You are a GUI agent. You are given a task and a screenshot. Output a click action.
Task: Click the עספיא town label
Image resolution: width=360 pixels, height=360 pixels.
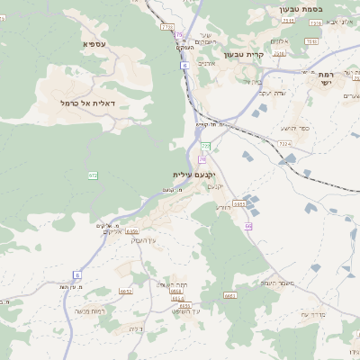(95, 44)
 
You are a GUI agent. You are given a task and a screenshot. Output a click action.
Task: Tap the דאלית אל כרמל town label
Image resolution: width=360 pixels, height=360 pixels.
(92, 103)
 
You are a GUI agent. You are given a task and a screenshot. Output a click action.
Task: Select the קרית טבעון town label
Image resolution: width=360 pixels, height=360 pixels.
(268, 55)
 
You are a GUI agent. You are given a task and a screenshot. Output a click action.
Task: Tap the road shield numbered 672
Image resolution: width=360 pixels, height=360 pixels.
(93, 175)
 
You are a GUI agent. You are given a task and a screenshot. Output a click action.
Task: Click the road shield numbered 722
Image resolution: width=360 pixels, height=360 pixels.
(205, 146)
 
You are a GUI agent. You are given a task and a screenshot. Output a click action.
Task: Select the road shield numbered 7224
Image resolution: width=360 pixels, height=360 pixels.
(284, 143)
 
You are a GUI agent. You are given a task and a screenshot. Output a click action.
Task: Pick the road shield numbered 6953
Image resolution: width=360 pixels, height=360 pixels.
(238, 204)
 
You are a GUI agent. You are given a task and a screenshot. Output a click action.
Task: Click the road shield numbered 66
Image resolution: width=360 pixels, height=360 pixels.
(247, 225)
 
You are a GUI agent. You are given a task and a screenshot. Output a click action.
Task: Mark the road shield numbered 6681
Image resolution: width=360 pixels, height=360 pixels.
(229, 294)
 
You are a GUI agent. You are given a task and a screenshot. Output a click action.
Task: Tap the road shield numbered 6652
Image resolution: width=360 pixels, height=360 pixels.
(126, 291)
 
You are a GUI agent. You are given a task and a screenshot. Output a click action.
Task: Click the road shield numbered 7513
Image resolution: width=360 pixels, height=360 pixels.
(311, 41)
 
